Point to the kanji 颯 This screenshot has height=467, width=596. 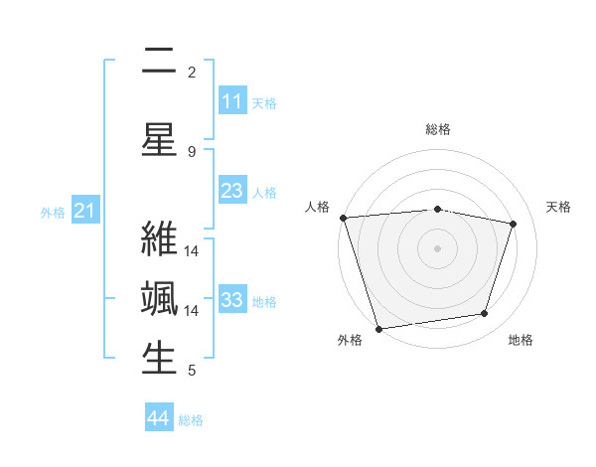[x=159, y=298]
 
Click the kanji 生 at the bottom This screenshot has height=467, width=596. [x=159, y=359]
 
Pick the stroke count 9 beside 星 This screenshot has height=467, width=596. [x=192, y=152]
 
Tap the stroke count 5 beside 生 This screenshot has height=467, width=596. [x=192, y=372]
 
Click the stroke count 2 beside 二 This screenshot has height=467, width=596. [x=192, y=73]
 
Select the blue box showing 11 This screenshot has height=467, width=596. [x=231, y=101]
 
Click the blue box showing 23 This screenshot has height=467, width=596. [x=231, y=191]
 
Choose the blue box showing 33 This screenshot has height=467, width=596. [x=231, y=300]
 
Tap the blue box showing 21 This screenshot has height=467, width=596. [x=84, y=211]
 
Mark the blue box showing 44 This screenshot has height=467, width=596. [x=159, y=418]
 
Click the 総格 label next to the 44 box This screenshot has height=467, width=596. [x=191, y=420]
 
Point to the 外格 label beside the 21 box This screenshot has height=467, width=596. [x=53, y=213]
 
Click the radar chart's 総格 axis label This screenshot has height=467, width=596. [x=437, y=129]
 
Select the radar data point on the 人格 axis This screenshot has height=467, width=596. [x=343, y=218]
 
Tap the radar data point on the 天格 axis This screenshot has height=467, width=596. [x=514, y=224]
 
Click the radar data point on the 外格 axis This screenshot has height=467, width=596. [x=378, y=328]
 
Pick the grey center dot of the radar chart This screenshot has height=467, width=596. [x=437, y=247]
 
